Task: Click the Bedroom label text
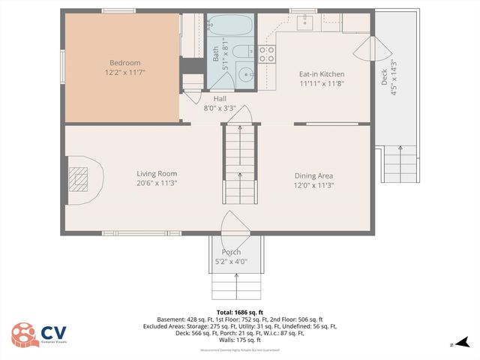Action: point(121,62)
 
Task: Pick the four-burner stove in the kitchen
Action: point(266,52)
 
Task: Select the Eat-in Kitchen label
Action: point(322,74)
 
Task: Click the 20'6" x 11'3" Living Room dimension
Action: point(157,184)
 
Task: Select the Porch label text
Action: point(231,252)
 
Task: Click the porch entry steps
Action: point(235,286)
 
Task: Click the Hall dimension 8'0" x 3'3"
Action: point(220,108)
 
